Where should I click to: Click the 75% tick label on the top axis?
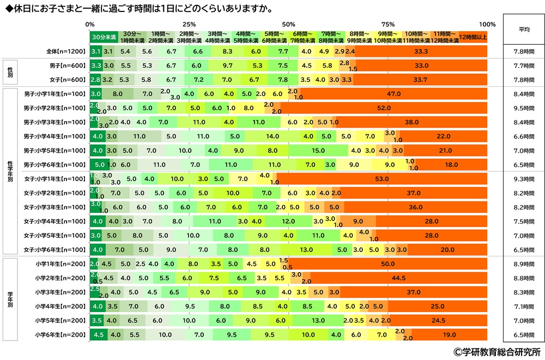click(388, 25)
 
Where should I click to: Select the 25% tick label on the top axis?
click(189, 25)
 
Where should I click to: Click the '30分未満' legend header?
click(104, 37)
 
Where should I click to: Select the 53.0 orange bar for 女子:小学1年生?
click(382, 179)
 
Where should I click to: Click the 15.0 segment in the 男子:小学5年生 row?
click(319, 151)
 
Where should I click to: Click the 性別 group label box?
click(10, 73)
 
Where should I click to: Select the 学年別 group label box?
click(10, 299)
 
